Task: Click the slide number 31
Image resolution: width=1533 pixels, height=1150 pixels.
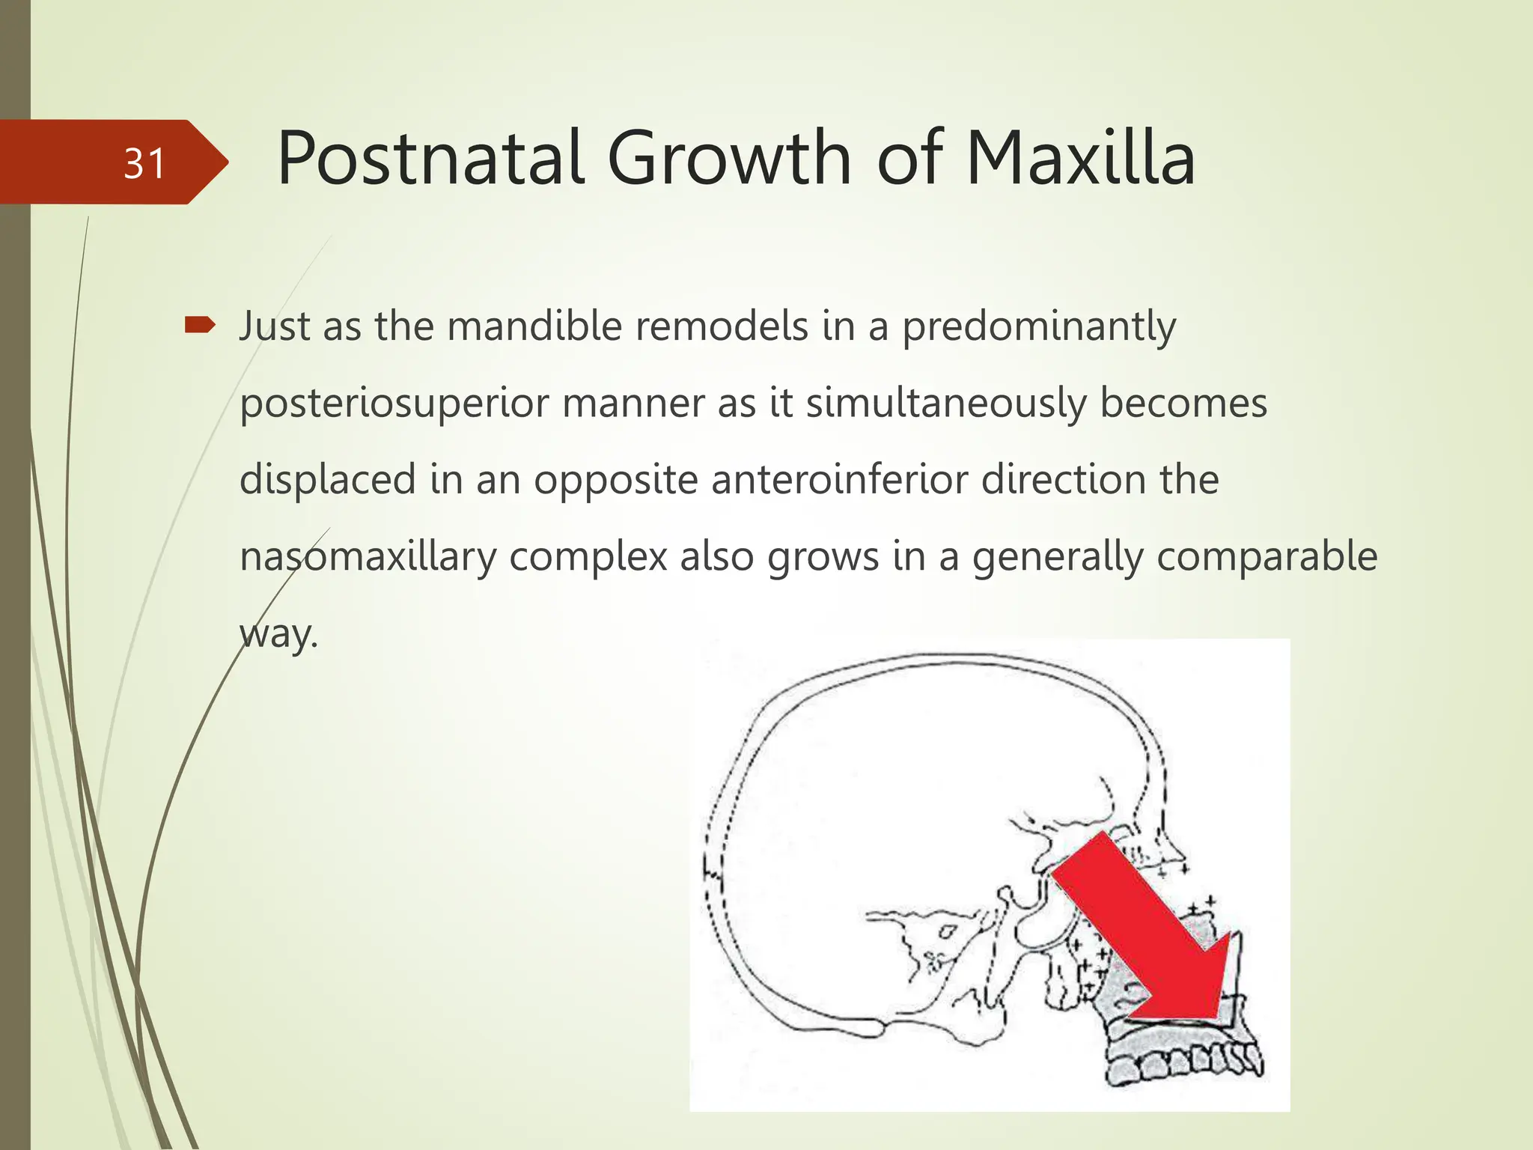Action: click(x=144, y=163)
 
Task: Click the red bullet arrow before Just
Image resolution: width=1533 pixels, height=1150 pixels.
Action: click(x=199, y=325)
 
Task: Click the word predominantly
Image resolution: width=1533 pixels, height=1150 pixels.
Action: click(x=1038, y=328)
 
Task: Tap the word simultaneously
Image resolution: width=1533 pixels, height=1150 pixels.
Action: click(x=945, y=404)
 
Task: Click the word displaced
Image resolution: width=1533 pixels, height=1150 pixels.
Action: click(x=327, y=480)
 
